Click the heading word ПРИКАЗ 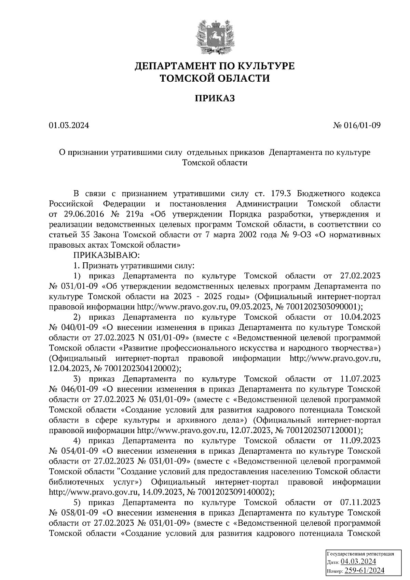coord(215,98)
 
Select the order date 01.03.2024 coord(69,126)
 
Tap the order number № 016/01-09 coord(356,126)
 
